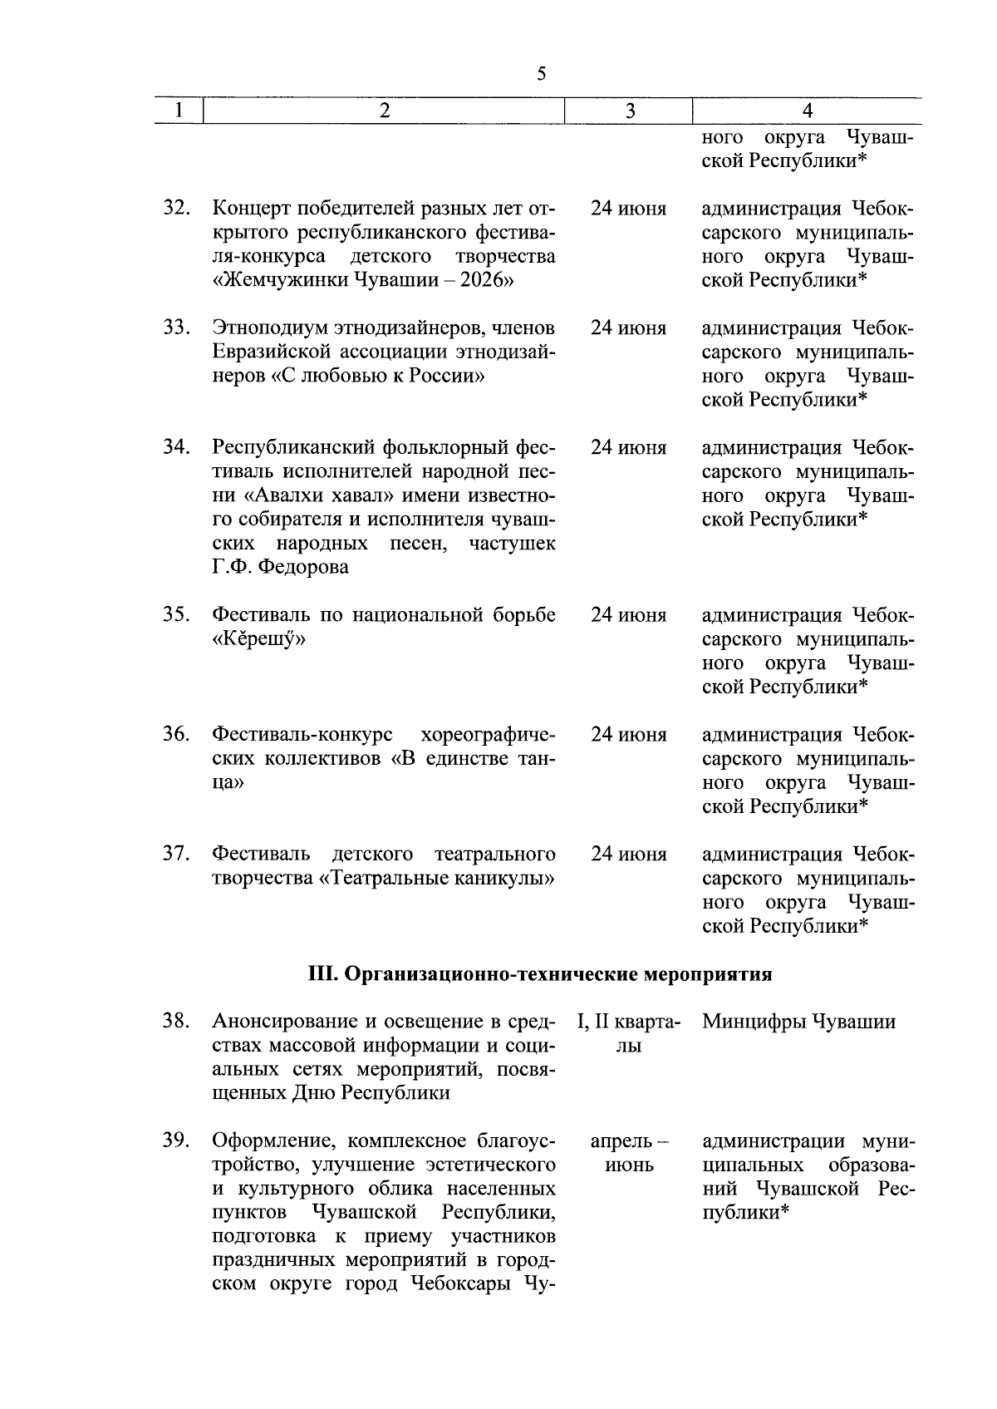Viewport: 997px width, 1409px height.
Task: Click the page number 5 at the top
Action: (542, 74)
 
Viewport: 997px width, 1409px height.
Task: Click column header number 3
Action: (629, 111)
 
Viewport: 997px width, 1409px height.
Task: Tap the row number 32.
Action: (177, 208)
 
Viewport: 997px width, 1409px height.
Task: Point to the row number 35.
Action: (177, 615)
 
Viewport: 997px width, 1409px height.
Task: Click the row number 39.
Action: (177, 1141)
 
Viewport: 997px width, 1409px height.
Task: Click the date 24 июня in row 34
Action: (628, 448)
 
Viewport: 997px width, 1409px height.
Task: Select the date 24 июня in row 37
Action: (628, 855)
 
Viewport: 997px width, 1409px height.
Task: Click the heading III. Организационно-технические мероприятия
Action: (540, 973)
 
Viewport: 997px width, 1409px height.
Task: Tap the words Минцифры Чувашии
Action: (798, 1022)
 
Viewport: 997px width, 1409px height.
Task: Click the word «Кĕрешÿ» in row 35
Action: (259, 640)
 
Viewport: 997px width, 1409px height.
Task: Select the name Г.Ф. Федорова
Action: (281, 568)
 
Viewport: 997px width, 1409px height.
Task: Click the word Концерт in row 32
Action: (249, 209)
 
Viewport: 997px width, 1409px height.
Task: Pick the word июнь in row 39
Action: (629, 1165)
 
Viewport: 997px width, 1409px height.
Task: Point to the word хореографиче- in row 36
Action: (489, 735)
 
